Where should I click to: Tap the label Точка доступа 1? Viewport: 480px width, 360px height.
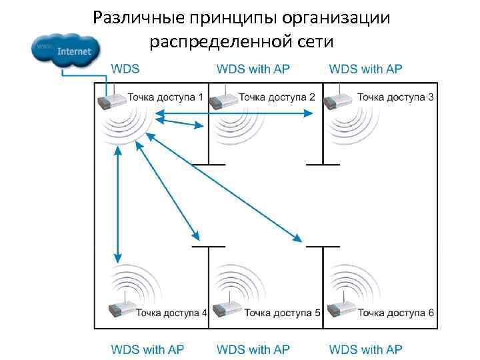pos(165,97)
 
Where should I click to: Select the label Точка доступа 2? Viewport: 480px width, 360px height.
pos(277,97)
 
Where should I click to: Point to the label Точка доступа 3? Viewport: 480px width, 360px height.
pos(395,97)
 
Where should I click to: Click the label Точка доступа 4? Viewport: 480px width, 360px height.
pos(171,312)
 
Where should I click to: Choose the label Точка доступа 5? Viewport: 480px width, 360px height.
pos(283,312)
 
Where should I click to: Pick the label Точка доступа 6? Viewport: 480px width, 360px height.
pos(395,312)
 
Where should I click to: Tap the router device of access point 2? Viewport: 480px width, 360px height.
pos(223,101)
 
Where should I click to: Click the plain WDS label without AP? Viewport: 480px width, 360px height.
pos(125,69)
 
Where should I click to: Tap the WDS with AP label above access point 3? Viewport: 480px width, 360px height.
pos(366,69)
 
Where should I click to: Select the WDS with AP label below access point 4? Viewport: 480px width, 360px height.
pos(147,349)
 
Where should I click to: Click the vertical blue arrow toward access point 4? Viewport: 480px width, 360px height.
pos(118,204)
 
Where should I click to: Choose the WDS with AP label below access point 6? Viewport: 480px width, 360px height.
pos(366,349)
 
